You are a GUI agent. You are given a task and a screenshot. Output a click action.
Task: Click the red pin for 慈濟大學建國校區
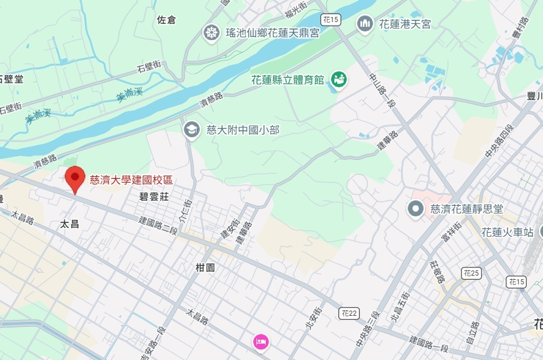[74, 177]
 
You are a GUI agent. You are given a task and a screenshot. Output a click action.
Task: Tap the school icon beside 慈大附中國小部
[191, 129]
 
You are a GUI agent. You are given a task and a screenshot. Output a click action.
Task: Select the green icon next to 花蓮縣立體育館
[338, 79]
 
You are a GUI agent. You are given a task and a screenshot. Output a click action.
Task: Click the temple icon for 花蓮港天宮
[365, 24]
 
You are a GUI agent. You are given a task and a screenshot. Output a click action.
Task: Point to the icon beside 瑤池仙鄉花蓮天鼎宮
[211, 33]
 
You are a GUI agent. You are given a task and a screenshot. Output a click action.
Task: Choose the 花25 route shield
[471, 272]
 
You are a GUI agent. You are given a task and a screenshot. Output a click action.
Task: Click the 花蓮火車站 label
[508, 232]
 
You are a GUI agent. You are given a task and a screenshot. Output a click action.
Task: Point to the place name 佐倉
[166, 20]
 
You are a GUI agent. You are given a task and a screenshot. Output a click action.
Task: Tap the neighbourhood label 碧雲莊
[154, 197]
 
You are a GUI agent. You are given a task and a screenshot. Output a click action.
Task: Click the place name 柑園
[205, 268]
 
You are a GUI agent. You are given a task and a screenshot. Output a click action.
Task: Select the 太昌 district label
[69, 223]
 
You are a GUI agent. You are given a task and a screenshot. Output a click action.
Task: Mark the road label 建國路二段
[158, 225]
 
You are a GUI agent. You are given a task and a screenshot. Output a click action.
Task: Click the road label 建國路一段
[429, 343]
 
